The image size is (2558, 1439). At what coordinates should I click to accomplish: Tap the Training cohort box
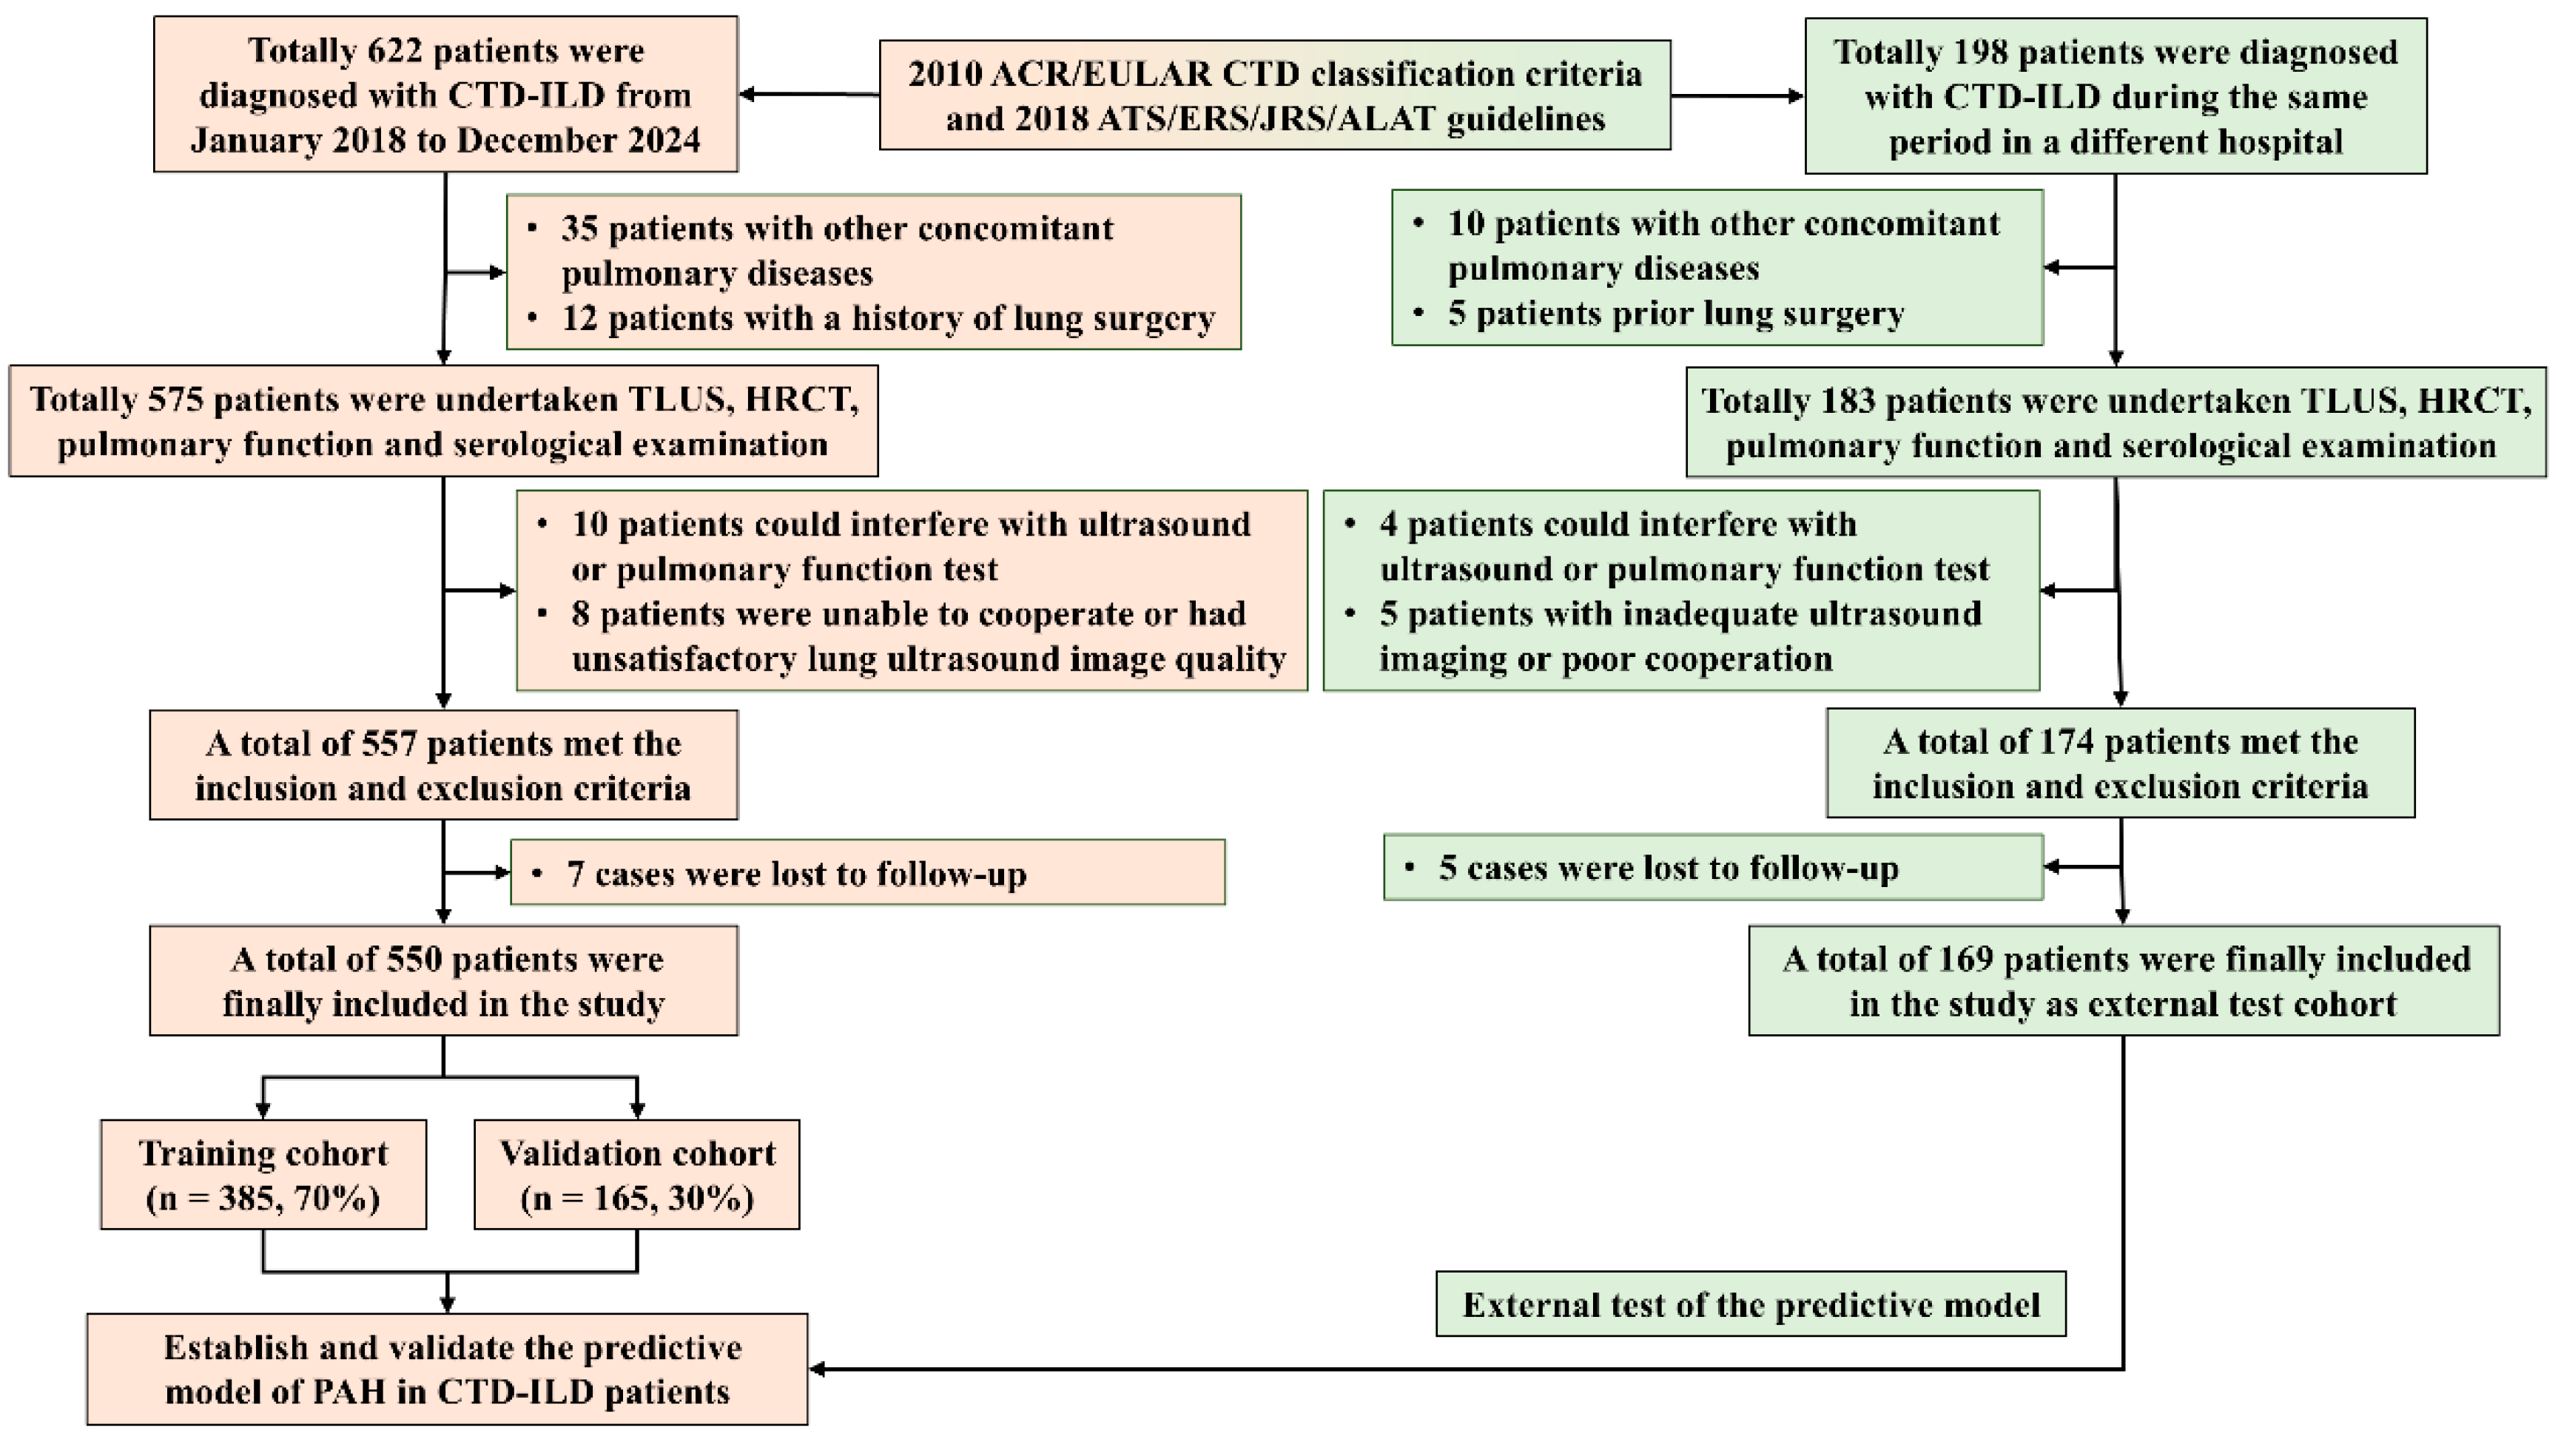(263, 1175)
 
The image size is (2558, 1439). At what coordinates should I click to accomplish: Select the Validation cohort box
(636, 1175)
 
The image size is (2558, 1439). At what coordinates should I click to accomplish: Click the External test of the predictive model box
(1751, 1304)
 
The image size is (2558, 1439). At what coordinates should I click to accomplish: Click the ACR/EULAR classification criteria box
(1274, 95)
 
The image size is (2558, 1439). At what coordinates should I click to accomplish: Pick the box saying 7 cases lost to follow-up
(867, 873)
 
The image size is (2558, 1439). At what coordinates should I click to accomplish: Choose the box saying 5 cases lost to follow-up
(1713, 868)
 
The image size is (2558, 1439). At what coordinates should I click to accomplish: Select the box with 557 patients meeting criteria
(443, 765)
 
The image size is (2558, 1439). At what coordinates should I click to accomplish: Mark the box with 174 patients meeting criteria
(2120, 763)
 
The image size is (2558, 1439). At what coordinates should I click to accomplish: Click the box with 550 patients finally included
(443, 981)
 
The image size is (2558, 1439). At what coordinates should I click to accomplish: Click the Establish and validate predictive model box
(447, 1369)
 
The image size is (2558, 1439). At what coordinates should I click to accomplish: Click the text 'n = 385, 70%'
(263, 1199)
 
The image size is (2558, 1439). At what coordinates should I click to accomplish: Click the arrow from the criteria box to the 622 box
(810, 95)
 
